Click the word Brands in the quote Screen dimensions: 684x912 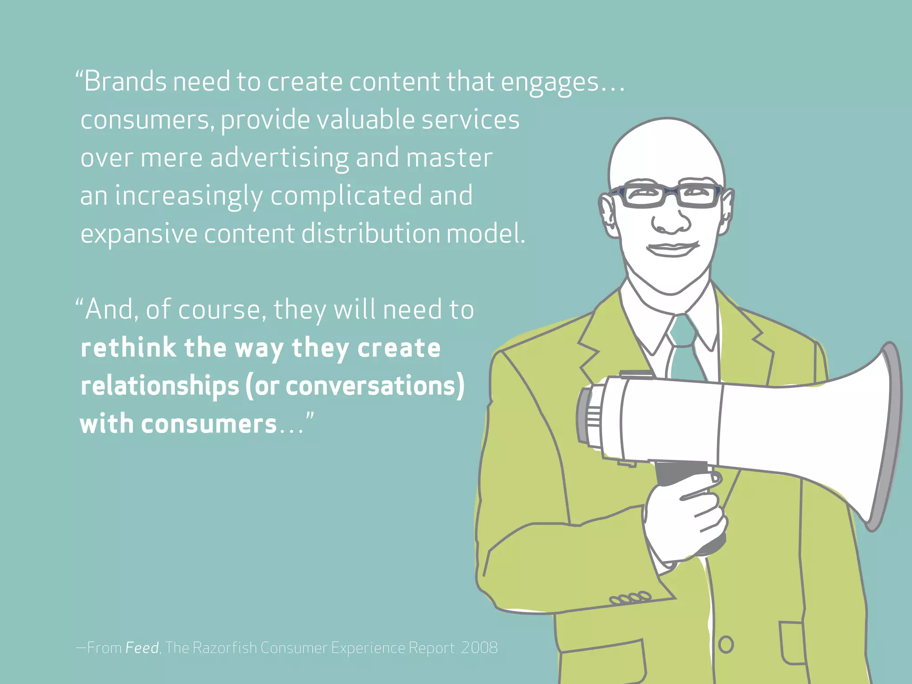[125, 82]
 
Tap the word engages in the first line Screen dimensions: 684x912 [550, 83]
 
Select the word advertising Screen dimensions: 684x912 [280, 159]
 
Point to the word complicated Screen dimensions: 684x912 [346, 196]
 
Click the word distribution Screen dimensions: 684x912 [370, 234]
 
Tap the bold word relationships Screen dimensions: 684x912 [159, 386]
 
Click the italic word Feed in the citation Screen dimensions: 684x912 [142, 647]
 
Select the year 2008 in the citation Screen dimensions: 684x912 [479, 647]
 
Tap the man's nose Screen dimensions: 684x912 [671, 220]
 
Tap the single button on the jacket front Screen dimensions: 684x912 [725, 644]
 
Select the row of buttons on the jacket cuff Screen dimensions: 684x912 [631, 598]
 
